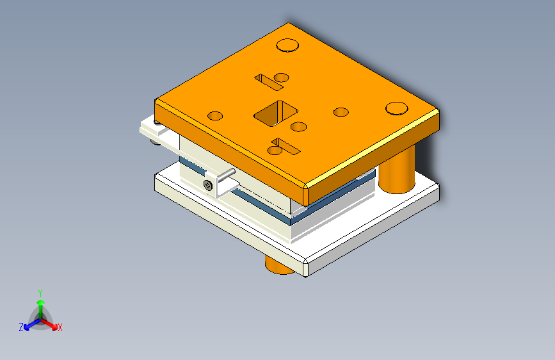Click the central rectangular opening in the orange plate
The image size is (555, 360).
point(276,113)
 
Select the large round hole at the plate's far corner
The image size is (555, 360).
point(287,45)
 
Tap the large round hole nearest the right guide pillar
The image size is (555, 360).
point(396,108)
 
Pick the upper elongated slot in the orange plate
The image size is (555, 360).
point(269,82)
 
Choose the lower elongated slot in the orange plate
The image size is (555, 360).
point(286,146)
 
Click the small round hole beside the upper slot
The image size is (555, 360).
point(282,78)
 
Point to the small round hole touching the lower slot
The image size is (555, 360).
point(275,151)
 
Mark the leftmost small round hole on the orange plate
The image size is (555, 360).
point(215,116)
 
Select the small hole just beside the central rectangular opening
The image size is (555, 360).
point(298,126)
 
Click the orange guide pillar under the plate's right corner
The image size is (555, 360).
point(397,169)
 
